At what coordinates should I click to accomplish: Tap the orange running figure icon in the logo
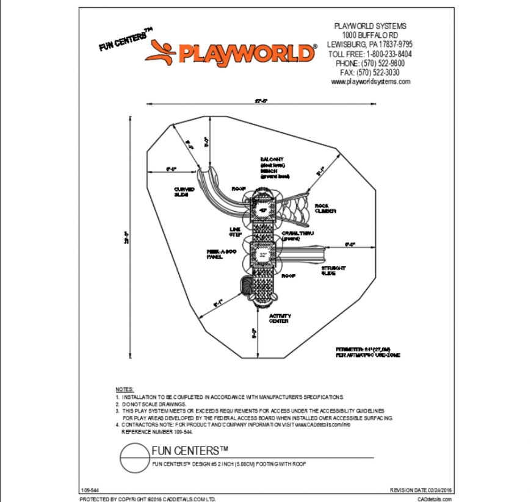click(161, 51)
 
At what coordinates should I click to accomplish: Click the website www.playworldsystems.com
click(370, 82)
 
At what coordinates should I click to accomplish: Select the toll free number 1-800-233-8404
click(370, 54)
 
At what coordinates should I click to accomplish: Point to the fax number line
click(370, 73)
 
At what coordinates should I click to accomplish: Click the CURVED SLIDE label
click(184, 192)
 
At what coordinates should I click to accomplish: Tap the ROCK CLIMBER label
click(325, 208)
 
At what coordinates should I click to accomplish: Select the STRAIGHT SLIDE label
click(333, 271)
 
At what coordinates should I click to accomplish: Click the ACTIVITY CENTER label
click(280, 318)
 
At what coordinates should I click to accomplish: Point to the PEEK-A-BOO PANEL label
click(217, 254)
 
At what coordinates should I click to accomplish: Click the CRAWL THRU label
click(298, 235)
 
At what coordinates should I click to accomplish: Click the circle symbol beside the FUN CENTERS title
click(133, 456)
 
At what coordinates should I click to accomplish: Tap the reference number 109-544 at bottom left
click(89, 490)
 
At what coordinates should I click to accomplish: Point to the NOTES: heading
click(124, 389)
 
